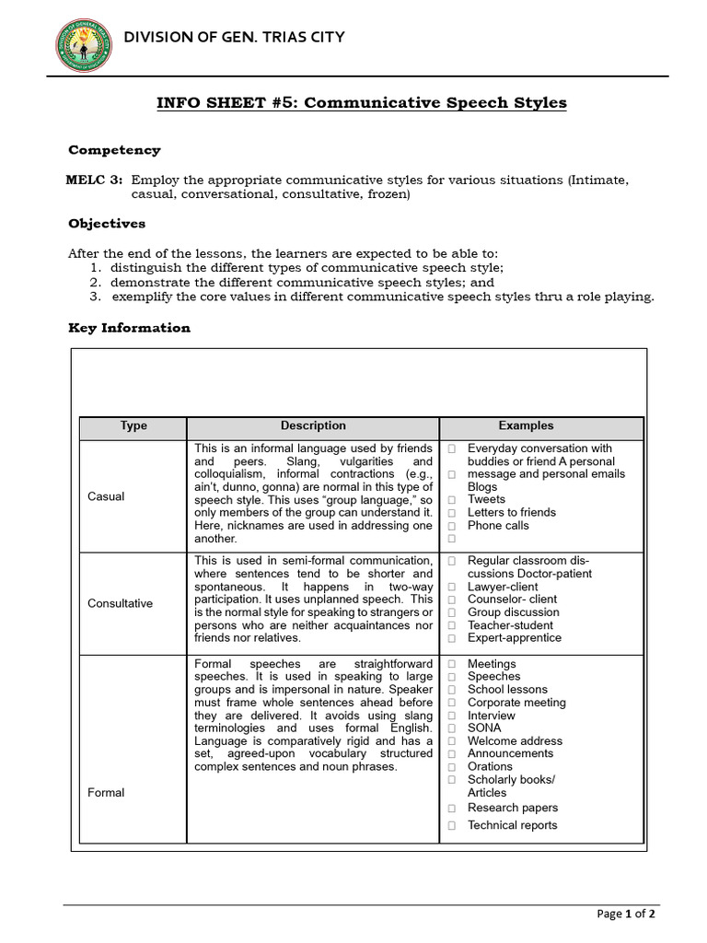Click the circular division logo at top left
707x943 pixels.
pos(80,38)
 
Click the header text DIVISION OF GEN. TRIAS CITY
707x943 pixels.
pos(235,37)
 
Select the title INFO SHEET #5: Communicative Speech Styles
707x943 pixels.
pos(365,102)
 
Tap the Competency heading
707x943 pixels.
pos(114,150)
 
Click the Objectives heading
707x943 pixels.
pos(107,224)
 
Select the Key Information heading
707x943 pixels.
pos(130,328)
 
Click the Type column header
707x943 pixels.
pos(133,426)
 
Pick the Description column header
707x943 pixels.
pos(313,426)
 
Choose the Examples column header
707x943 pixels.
pos(526,426)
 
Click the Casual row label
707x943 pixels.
pos(106,496)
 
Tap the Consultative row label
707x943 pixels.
pos(121,604)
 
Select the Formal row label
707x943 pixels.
pos(106,793)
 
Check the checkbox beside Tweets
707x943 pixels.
pos(452,500)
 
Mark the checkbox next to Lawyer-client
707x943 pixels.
pos(452,587)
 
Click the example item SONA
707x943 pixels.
pos(484,728)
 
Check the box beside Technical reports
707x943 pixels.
pos(452,826)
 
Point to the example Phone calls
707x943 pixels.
pos(498,526)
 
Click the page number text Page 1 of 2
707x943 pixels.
pos(626,914)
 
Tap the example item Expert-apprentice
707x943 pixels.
pos(514,638)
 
